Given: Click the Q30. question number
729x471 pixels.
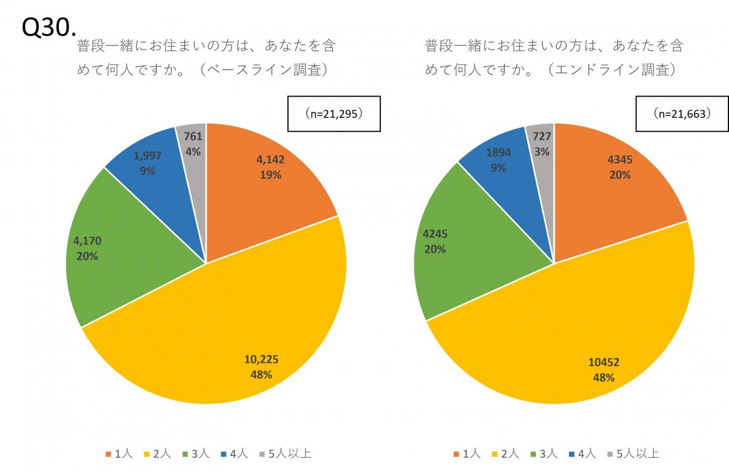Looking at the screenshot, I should (49, 27).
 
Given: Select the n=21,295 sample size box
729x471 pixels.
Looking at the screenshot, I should (334, 114).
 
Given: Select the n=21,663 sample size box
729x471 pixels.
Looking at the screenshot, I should (682, 114).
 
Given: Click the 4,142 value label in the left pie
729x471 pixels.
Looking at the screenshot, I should (270, 160).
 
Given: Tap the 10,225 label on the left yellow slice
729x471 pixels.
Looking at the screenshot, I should (261, 360).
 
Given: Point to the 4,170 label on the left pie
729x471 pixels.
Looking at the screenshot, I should (87, 241).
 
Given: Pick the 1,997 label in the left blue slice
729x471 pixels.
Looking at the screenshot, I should (147, 156).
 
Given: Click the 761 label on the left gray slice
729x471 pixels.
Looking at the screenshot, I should (193, 137).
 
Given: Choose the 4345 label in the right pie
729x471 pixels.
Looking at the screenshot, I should (619, 160).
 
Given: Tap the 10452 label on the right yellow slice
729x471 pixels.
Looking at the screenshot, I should (604, 363).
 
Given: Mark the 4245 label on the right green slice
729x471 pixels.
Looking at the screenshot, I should (435, 234).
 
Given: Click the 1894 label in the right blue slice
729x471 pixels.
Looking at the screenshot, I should (498, 153).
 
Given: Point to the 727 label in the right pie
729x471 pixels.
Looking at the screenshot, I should (542, 137).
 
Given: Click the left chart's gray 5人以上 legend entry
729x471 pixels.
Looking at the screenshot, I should (285, 454).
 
